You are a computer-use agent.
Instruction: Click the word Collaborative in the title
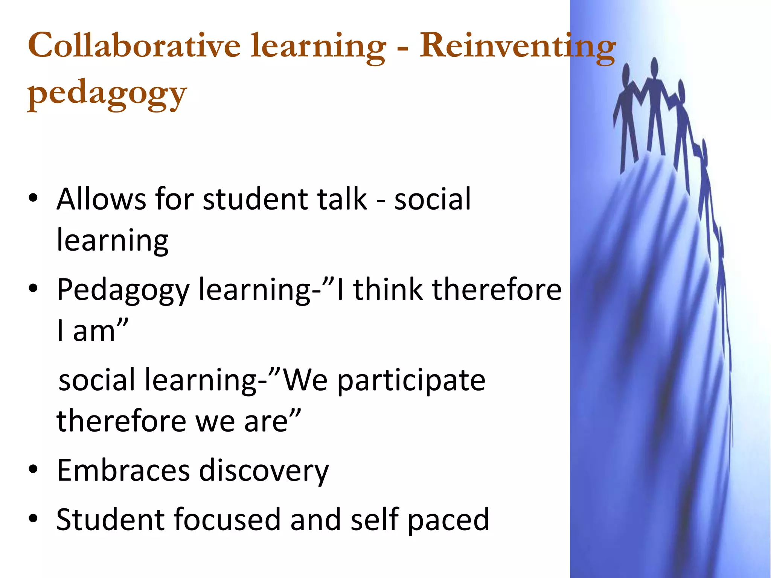point(134,46)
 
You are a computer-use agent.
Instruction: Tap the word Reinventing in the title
point(517,46)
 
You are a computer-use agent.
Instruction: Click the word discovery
point(264,471)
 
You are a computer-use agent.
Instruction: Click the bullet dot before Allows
point(33,199)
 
